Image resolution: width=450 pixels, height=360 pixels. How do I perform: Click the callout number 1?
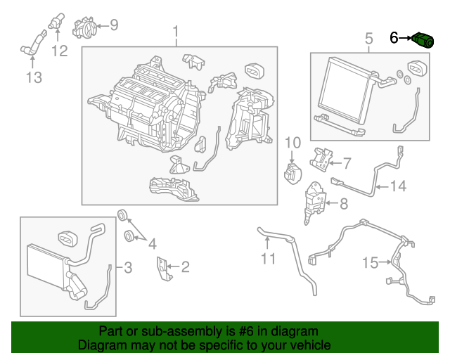click(176, 33)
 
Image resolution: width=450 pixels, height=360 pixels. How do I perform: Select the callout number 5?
click(368, 39)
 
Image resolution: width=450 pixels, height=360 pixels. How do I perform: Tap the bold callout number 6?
click(394, 37)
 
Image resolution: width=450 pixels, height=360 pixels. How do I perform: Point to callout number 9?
click(114, 25)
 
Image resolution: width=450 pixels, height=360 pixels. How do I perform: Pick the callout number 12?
click(59, 51)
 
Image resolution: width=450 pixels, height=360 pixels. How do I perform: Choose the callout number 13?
click(34, 77)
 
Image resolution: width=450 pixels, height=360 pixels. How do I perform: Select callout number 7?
click(346, 164)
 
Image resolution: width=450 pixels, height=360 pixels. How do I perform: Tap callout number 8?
click(343, 205)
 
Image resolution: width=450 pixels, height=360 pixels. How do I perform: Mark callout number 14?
click(399, 186)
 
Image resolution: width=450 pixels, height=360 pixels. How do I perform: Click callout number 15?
click(371, 263)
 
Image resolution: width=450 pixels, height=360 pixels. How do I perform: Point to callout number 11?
click(268, 259)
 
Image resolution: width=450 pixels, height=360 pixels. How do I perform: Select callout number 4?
click(152, 244)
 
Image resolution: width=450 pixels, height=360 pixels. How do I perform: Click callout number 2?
click(185, 266)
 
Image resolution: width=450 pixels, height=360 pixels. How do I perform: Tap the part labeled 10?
click(292, 173)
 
